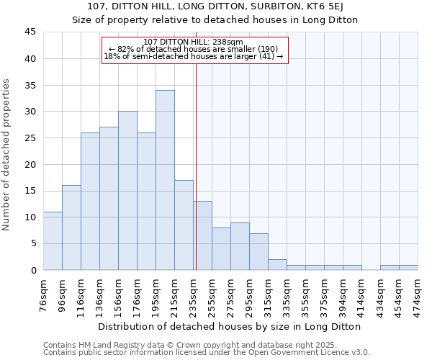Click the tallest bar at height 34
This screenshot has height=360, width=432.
[165, 180]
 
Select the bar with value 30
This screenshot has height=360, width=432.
[127, 191]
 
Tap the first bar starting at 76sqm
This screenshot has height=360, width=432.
[53, 240]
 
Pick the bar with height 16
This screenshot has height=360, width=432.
[71, 228]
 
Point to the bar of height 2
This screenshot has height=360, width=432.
[277, 264]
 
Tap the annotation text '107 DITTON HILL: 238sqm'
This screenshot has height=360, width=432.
[194, 42]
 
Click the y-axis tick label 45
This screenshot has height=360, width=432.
[30, 32]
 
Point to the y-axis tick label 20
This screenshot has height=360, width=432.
[30, 164]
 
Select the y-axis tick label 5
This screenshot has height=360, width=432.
[33, 243]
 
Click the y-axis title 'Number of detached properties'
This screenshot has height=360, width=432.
[7, 155]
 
